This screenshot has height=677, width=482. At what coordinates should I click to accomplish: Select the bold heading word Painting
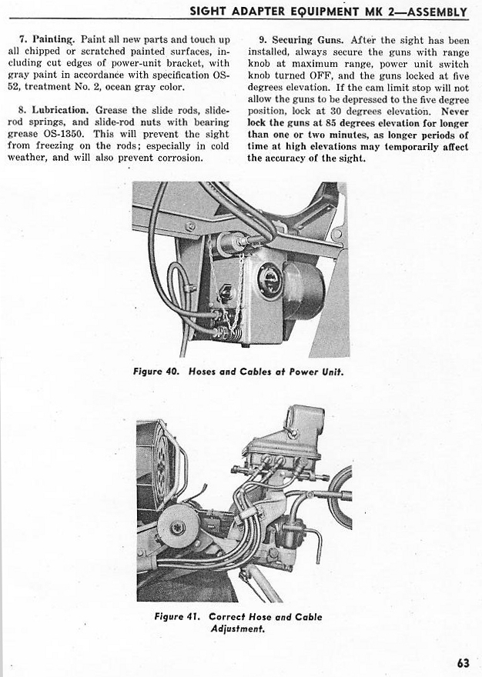tap(53, 39)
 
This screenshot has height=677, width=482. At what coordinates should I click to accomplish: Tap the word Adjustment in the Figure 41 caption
tap(237, 628)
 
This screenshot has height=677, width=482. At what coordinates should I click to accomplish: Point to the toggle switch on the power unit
tap(226, 293)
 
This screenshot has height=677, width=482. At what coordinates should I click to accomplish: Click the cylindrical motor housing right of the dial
tap(304, 288)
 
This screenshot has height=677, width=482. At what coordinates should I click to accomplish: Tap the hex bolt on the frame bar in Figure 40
tap(190, 227)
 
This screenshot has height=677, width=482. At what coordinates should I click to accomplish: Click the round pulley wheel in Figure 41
tap(177, 527)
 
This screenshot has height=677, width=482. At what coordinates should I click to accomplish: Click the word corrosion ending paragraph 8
tap(179, 158)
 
